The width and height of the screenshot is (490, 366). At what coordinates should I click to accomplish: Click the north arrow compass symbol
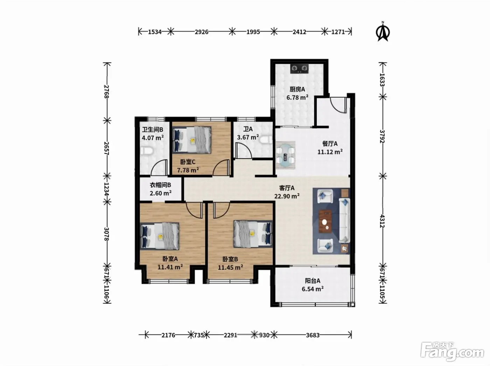383,32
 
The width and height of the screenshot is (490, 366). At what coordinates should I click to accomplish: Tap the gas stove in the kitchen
299,69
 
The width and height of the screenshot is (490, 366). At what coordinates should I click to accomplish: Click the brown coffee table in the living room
325,221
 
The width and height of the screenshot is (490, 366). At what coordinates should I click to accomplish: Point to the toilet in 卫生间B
147,151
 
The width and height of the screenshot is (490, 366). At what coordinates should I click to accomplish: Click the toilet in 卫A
266,140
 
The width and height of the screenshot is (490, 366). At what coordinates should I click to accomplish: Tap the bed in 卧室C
192,140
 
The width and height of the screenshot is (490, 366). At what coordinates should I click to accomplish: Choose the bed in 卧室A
160,236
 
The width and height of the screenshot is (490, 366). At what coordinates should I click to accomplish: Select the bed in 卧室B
253,234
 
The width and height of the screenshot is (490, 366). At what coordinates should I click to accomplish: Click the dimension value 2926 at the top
202,32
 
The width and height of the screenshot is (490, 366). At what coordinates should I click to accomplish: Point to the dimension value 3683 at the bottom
313,335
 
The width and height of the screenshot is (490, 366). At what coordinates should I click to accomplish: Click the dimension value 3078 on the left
106,234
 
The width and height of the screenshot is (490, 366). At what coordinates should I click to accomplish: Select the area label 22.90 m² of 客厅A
287,196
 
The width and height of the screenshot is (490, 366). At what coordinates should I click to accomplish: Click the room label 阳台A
313,281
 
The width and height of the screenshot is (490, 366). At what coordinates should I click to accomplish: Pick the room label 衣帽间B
160,185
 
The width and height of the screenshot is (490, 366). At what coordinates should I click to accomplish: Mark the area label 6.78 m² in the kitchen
297,98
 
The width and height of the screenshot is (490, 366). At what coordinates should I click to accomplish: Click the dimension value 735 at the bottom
199,335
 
